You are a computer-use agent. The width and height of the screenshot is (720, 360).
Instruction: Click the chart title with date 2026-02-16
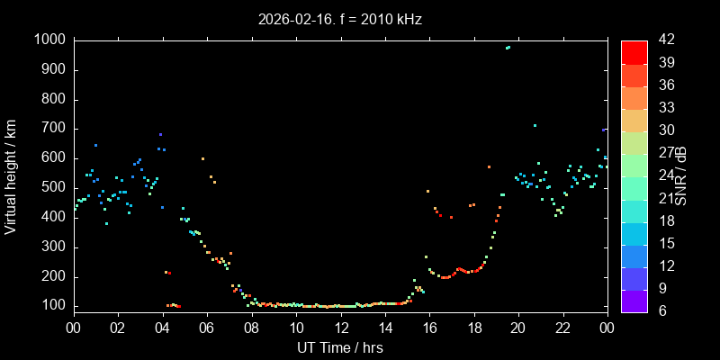click(340, 18)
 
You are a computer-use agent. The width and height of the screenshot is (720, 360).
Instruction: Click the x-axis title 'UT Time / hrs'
click(340, 347)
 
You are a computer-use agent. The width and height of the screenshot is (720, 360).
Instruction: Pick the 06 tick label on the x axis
click(207, 328)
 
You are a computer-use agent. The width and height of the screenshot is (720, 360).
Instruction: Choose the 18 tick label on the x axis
click(473, 328)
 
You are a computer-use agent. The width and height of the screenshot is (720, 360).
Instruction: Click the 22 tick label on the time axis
click(562, 328)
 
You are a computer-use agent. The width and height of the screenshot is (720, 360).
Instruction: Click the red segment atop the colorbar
click(634, 52)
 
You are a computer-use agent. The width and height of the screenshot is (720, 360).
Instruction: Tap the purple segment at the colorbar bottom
click(634, 300)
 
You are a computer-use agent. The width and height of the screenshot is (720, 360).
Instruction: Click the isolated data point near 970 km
click(508, 48)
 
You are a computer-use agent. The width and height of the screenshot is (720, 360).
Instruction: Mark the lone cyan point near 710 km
click(535, 126)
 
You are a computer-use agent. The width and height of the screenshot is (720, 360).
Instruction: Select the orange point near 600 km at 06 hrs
click(203, 158)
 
